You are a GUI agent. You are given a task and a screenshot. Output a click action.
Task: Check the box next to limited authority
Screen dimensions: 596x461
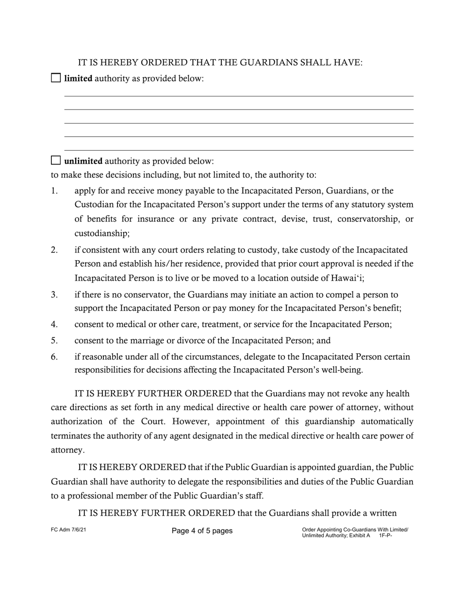tap(56, 78)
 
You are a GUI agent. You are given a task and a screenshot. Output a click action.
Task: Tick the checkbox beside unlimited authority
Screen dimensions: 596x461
tap(56, 160)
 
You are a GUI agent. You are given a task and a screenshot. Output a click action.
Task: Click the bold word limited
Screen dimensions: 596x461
tap(78, 78)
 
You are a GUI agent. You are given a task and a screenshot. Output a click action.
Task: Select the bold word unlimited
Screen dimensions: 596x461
tap(83, 161)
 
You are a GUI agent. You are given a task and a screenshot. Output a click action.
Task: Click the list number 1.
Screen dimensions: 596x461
tap(54, 191)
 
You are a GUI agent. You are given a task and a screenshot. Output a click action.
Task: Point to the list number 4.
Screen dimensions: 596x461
tap(54, 324)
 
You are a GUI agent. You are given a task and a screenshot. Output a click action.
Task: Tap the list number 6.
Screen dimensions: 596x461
tap(54, 357)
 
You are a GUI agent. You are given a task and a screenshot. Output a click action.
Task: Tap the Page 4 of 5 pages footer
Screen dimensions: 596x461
tap(202, 531)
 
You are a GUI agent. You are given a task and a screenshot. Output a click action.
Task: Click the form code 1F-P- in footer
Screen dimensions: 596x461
tap(385, 536)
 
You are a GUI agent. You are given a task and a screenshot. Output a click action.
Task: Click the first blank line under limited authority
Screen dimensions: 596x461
tap(239, 95)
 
